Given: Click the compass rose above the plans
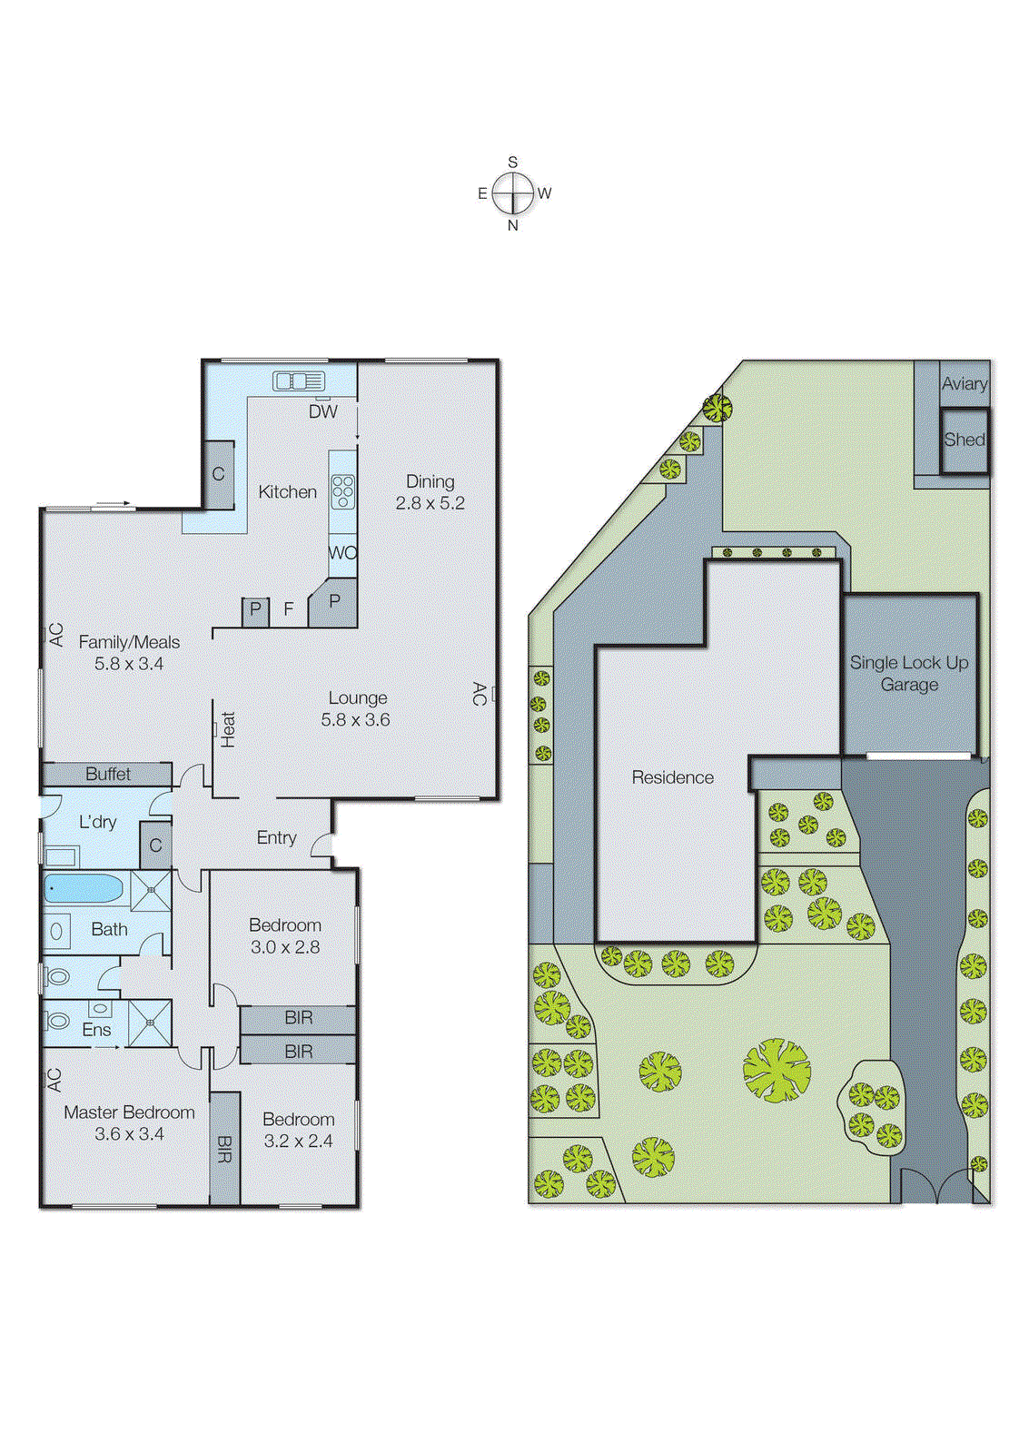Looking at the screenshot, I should click(x=513, y=193).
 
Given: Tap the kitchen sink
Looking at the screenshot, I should click(x=298, y=381).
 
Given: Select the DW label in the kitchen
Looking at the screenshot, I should click(x=322, y=411).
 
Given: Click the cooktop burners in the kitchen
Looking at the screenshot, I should click(x=342, y=491).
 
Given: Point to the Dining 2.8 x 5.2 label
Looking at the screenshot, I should click(x=430, y=492).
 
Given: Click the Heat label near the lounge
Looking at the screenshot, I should click(x=227, y=729).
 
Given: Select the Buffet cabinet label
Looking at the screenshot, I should click(x=108, y=774).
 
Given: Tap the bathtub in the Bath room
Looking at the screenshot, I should click(x=84, y=888).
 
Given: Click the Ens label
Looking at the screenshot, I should click(x=96, y=1030).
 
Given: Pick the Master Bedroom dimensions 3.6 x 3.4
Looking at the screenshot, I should click(x=129, y=1133).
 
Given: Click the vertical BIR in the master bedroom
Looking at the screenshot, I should click(x=224, y=1149).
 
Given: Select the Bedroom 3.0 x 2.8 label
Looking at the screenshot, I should click(x=285, y=935).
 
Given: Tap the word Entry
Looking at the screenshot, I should click(x=276, y=837).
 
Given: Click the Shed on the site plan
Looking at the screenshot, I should click(x=964, y=440).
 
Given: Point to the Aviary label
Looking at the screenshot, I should click(x=964, y=384).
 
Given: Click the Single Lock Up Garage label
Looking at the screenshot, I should click(x=909, y=673).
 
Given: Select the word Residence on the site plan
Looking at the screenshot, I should click(x=672, y=777).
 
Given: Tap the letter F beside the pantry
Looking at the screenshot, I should click(x=289, y=609).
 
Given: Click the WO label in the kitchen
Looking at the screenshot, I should click(x=342, y=553).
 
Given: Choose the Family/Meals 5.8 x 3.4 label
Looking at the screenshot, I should click(x=129, y=653).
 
